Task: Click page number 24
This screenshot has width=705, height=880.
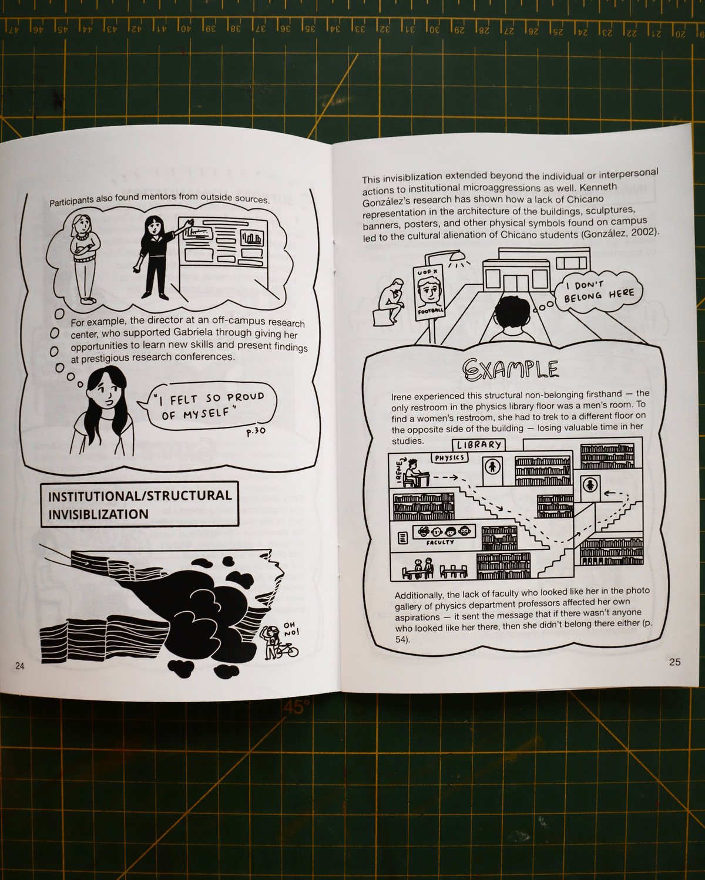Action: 19,666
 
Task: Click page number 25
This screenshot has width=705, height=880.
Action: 674,662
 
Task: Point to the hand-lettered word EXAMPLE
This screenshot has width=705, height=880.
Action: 510,370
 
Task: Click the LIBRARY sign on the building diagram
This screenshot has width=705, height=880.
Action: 479,445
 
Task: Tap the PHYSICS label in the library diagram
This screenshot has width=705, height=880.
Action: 449,457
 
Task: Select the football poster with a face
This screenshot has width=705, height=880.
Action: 429,291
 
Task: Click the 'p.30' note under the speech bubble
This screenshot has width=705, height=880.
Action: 256,432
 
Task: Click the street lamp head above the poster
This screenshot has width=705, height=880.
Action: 457,256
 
